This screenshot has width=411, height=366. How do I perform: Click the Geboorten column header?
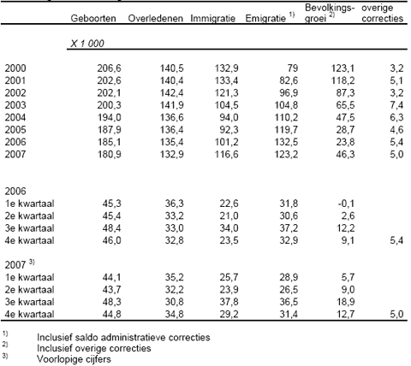tap(93, 19)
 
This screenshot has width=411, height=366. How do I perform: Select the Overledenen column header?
tap(156, 19)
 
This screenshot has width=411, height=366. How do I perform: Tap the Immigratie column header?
tap(213, 19)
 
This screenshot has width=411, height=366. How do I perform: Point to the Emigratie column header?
tap(265, 19)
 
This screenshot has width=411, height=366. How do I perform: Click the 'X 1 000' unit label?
tap(87, 44)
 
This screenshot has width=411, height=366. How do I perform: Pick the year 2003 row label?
tap(15, 105)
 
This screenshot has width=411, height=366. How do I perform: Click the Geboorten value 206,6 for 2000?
tap(109, 68)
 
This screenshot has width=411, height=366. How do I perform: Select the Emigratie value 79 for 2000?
tap(292, 68)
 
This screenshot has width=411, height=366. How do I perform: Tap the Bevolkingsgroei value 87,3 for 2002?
tap(345, 93)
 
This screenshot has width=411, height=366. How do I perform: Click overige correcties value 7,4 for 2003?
tap(396, 105)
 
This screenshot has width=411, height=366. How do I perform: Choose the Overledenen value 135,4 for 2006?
tap(171, 142)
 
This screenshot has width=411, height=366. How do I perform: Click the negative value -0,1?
tap(346, 204)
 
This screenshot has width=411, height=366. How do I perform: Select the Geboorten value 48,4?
tap(111, 228)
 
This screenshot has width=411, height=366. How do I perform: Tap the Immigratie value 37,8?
tap(229, 302)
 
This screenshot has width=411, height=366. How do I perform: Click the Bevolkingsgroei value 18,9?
tap(345, 302)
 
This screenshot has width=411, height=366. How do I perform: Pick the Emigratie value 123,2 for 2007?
tap(286, 154)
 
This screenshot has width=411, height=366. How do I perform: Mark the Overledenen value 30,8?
tap(174, 302)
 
